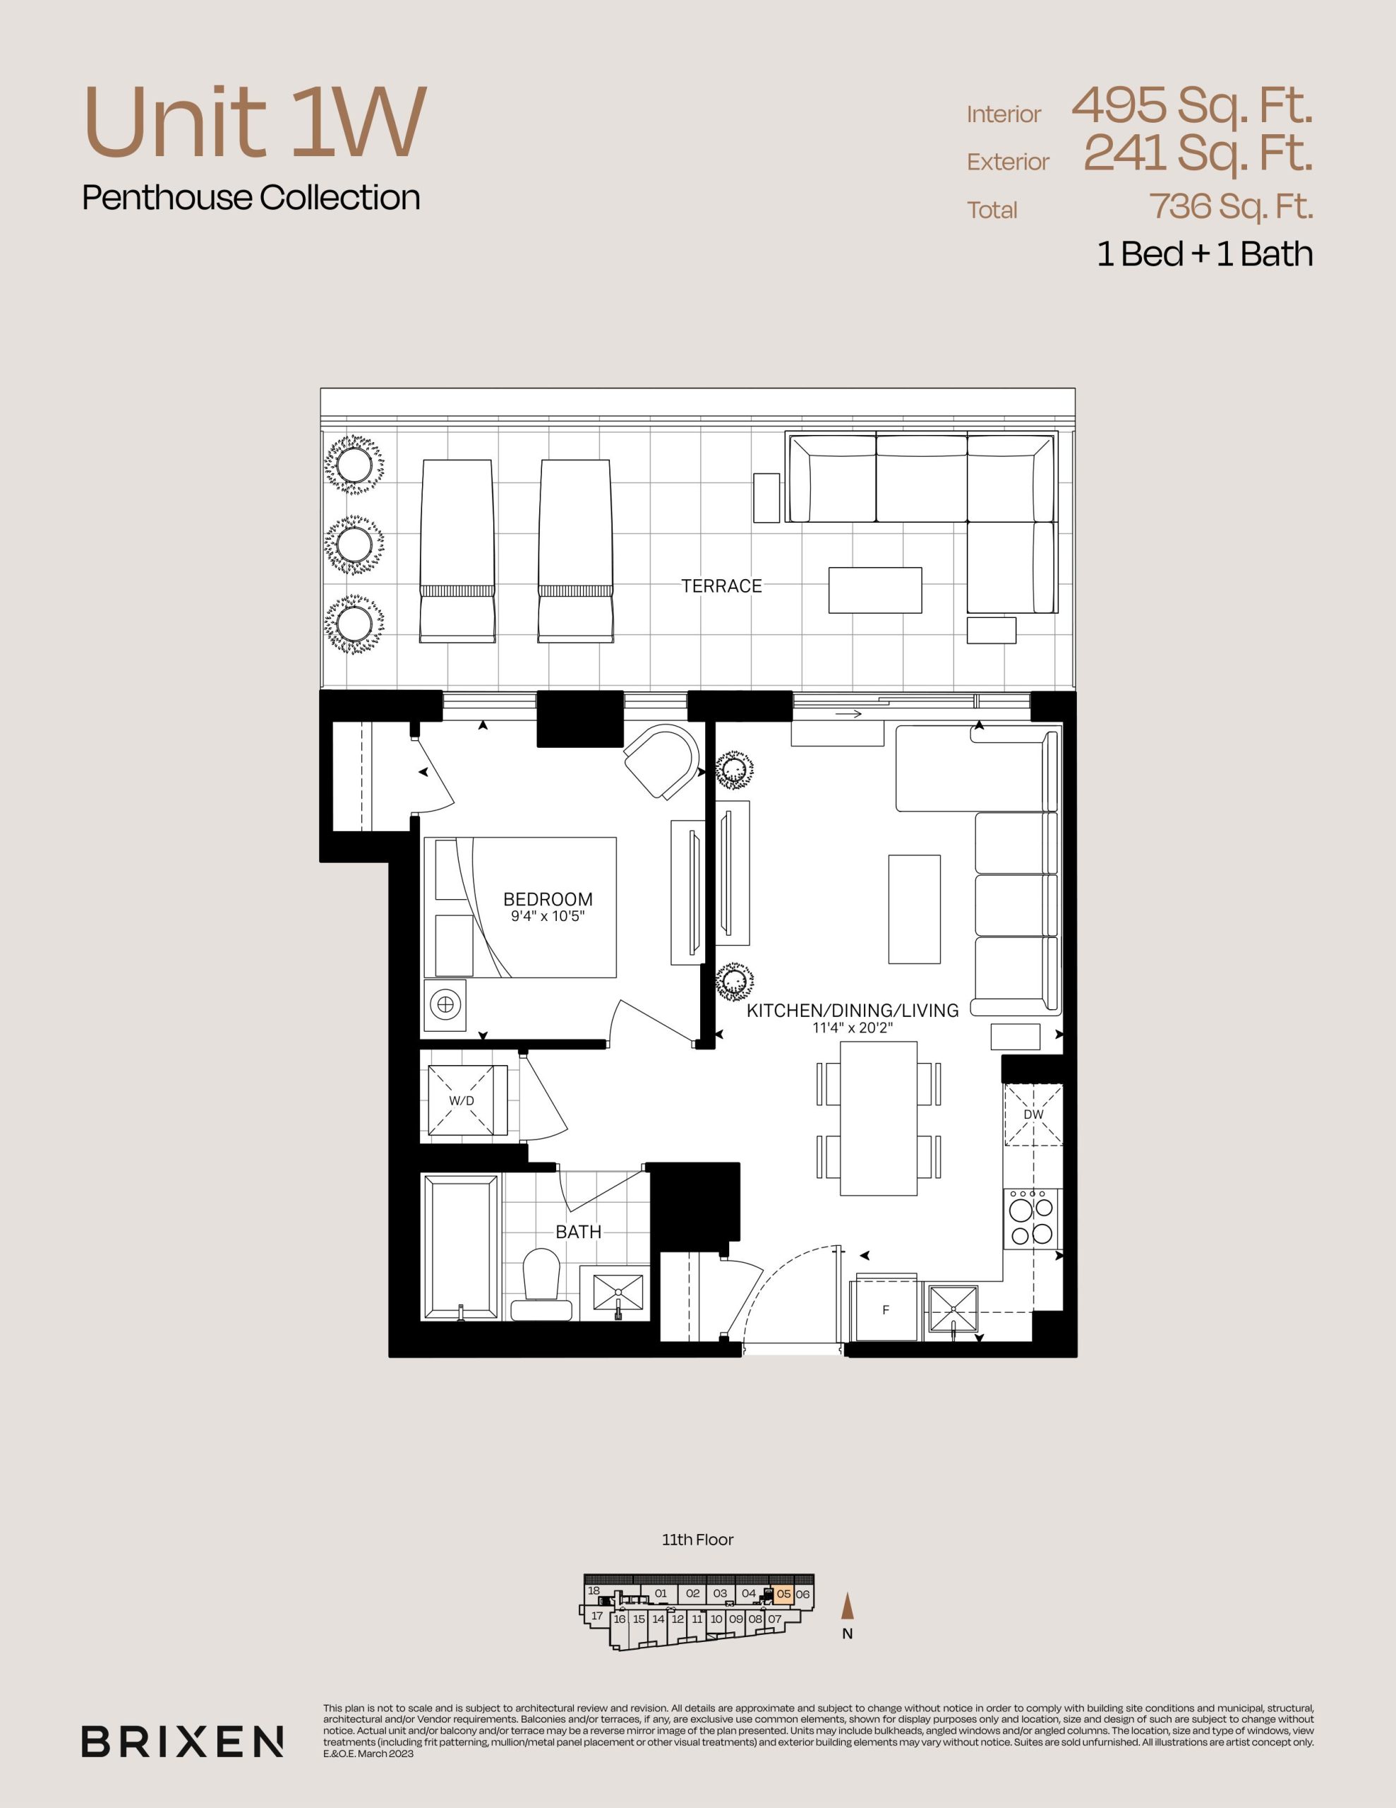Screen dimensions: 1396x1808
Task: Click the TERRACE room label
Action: (x=721, y=586)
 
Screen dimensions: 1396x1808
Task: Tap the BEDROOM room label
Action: (x=548, y=899)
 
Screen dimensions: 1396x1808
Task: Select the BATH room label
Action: (x=579, y=1232)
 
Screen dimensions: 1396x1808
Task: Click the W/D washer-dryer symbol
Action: (x=467, y=1100)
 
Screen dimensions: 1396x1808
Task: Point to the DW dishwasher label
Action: (x=1033, y=1114)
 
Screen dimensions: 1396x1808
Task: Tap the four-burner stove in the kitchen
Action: (x=1032, y=1218)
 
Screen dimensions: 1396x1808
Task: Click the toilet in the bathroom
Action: (x=542, y=1285)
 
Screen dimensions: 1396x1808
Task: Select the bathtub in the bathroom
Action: (x=461, y=1246)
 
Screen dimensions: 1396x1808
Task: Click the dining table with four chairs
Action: (x=879, y=1117)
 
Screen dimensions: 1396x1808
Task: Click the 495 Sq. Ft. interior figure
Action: (x=1191, y=106)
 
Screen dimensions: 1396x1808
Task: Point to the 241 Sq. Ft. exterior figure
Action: (x=1198, y=153)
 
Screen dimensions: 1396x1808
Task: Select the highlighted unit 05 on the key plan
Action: (x=783, y=1593)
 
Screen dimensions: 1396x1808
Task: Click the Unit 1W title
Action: (x=255, y=122)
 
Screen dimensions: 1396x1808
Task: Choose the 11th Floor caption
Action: (x=697, y=1540)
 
